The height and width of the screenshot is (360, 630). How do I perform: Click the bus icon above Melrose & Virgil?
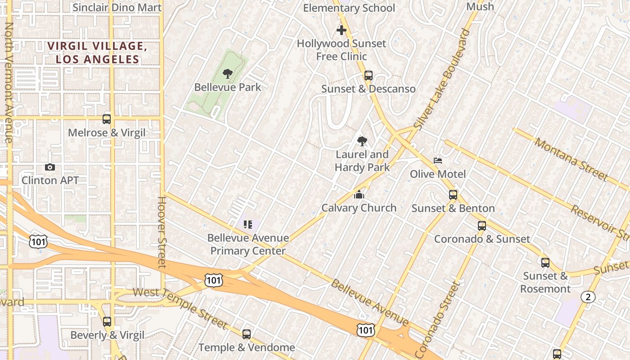(107, 119)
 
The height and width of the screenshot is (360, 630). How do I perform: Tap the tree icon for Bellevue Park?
(228, 74)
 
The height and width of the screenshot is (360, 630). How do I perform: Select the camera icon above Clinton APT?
(50, 167)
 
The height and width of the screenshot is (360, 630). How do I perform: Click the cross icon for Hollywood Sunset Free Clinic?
(342, 31)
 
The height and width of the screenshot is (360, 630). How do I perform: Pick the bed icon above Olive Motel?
(438, 161)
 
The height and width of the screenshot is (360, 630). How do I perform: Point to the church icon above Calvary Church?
(359, 194)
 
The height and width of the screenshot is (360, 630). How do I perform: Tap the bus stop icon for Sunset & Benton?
(453, 195)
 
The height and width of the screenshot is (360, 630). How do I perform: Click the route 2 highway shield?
(588, 297)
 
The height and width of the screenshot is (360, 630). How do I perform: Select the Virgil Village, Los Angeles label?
(97, 52)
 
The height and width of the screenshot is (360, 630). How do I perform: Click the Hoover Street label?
(162, 232)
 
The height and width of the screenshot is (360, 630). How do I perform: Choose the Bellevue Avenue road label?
(370, 302)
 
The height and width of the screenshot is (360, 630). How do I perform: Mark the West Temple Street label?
(180, 308)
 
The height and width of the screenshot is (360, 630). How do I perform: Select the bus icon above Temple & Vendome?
(247, 334)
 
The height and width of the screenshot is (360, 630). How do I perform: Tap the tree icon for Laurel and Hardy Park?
(362, 142)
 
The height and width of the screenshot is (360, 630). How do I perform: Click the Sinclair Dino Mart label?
(117, 7)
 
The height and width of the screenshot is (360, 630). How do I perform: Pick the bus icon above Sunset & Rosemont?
(545, 262)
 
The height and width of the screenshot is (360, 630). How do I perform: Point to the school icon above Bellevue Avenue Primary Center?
(248, 224)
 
